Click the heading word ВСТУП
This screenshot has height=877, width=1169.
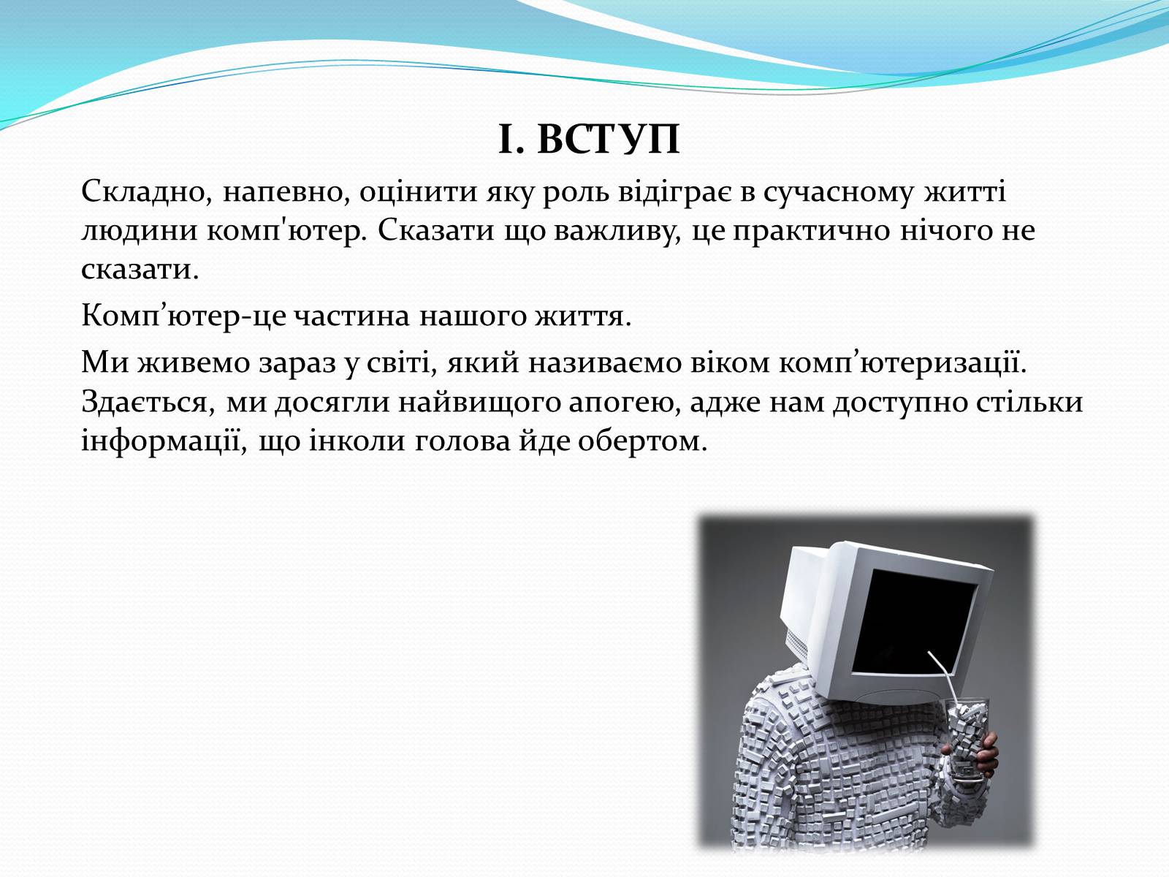[x=608, y=140]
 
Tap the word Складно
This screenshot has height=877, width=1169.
[x=143, y=192]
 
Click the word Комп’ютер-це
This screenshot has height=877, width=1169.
[x=183, y=316]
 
